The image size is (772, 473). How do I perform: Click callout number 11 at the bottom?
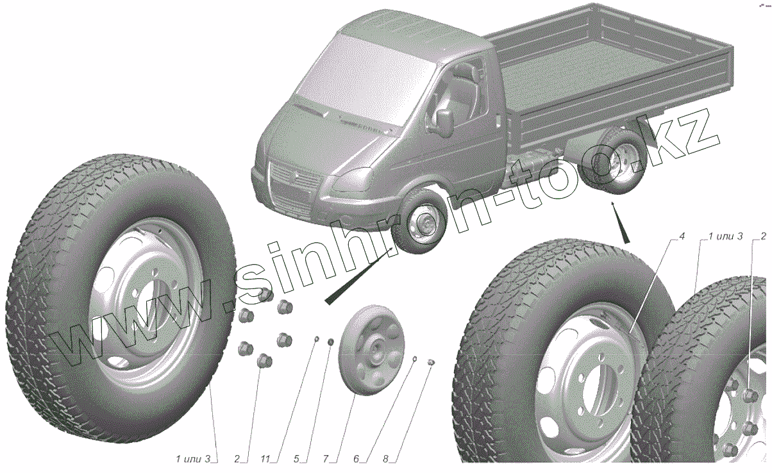pyautogui.click(x=265, y=459)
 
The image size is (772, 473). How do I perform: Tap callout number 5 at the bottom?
pyautogui.click(x=296, y=459)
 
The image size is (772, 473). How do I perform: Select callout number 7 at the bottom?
pyautogui.click(x=326, y=459)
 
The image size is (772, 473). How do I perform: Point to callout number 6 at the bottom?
pyautogui.click(x=356, y=459)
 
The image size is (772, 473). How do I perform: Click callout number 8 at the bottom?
pyautogui.click(x=385, y=459)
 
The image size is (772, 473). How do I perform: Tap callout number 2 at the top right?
pyautogui.click(x=764, y=236)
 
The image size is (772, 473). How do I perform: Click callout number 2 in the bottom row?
pyautogui.click(x=237, y=459)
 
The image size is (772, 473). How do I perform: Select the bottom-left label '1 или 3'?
pyautogui.click(x=193, y=459)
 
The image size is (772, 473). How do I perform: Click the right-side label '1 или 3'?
pyautogui.click(x=725, y=236)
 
